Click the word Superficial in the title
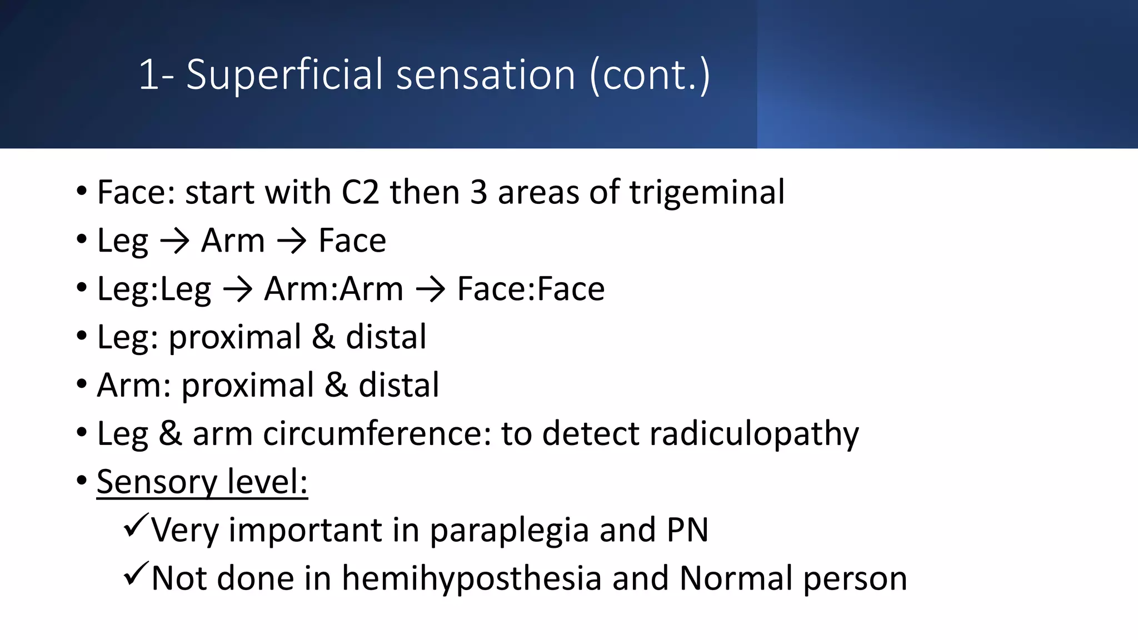(284, 75)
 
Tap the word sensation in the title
(486, 75)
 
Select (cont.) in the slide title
(649, 75)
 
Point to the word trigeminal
(707, 193)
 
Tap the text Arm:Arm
(333, 289)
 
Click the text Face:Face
(531, 289)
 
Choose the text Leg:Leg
(154, 289)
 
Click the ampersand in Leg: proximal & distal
(323, 337)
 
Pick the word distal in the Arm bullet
(398, 386)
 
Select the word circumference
(377, 434)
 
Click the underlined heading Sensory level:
(202, 482)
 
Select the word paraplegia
(509, 531)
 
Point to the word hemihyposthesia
(471, 579)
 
